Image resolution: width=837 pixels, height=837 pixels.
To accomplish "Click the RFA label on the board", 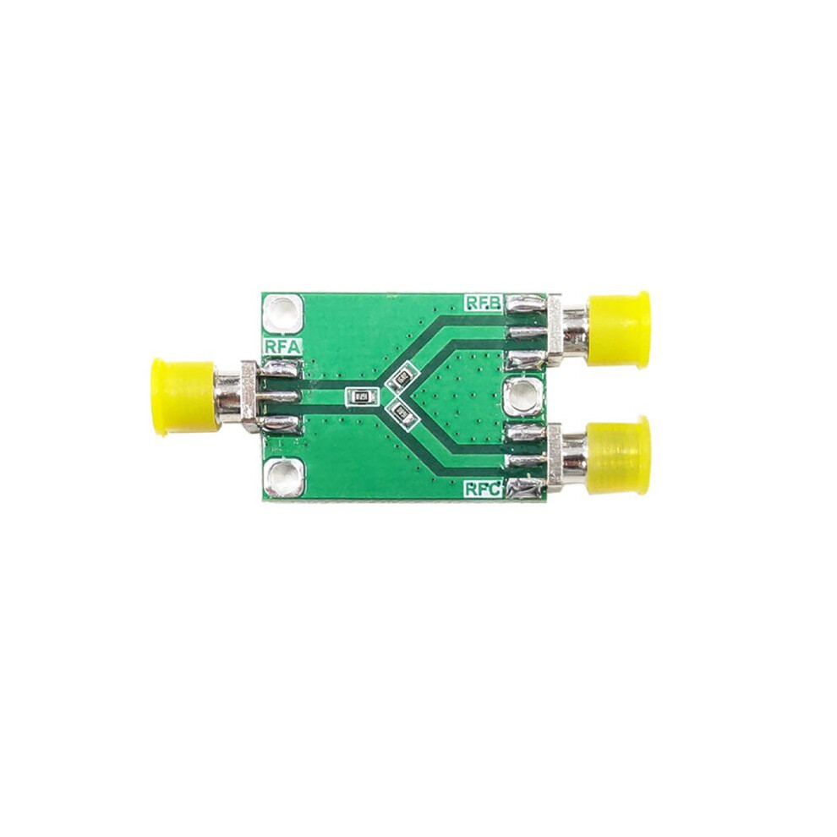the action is [x=282, y=347].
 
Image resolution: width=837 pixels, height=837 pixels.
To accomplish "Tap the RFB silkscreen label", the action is [x=484, y=303].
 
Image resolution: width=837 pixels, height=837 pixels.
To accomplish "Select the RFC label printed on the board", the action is [x=483, y=489].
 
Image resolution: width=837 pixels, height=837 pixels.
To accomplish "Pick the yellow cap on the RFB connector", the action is [x=618, y=329].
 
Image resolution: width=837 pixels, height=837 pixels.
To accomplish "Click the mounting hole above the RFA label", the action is [x=283, y=314].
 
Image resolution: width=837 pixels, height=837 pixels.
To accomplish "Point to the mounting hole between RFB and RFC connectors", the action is [x=523, y=396].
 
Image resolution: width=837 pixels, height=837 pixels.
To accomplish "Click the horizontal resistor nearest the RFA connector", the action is [x=361, y=396].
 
